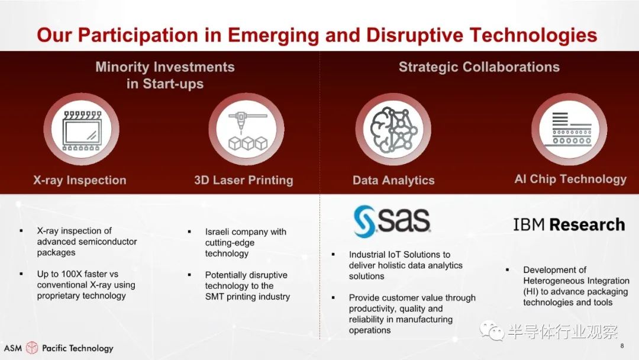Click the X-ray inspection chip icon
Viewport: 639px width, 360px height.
coord(82,130)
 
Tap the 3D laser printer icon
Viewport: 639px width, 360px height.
coord(247,130)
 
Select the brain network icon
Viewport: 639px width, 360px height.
coord(393,130)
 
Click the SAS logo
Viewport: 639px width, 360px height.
coord(392,221)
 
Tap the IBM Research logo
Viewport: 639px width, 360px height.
coord(569,224)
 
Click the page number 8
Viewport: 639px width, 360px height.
coord(622,346)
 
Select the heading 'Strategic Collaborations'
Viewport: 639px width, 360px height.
coord(479,67)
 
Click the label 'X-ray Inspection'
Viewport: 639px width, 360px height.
coord(80,180)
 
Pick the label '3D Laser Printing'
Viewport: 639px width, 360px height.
coord(244,180)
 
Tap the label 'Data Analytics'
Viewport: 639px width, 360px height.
coord(393,180)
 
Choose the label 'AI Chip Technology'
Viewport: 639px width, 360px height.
coord(570,179)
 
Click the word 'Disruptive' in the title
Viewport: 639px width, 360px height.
coord(414,35)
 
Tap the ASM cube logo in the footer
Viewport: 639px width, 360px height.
coord(32,348)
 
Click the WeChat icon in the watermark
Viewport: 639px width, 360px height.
coord(492,330)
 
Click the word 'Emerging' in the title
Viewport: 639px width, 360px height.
coord(273,36)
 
